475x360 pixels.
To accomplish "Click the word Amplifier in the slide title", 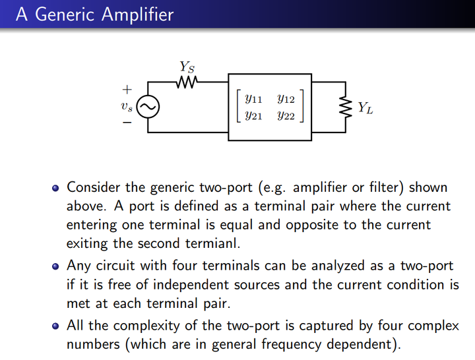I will click(137, 14).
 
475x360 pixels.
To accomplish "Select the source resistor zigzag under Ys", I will click(187, 82).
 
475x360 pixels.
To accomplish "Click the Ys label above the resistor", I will click(187, 67).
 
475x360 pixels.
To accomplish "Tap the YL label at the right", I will click(365, 107).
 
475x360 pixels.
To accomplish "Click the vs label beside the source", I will click(127, 106).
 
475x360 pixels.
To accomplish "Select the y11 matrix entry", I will click(253, 100).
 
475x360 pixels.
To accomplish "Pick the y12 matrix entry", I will click(286, 100).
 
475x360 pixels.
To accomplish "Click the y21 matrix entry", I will click(253, 116).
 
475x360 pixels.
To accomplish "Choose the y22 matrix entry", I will click(286, 116).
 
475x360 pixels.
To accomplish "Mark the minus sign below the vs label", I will click(126, 122).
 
